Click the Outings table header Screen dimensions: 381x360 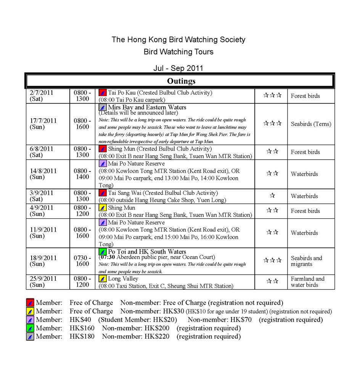pyautogui.click(x=181, y=81)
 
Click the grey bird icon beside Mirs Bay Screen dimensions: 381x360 pyautogui.click(x=103, y=107)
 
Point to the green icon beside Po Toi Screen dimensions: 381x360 pyautogui.click(x=103, y=252)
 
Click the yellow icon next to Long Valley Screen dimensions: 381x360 pyautogui.click(x=103, y=279)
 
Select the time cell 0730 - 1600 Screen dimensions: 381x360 pyautogui.click(x=82, y=261)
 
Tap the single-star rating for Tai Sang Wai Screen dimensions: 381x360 pyautogui.click(x=272, y=196)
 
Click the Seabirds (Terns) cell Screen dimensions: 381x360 pyautogui.click(x=311, y=124)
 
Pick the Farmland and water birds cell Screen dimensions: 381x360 pyautogui.click(x=307, y=282)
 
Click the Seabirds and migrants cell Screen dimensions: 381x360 pyautogui.click(x=306, y=261)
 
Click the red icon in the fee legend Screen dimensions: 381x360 pyautogui.click(x=30, y=303)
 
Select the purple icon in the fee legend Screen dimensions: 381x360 pyautogui.click(x=30, y=320)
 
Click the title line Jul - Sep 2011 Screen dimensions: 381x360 pyautogui.click(x=178, y=68)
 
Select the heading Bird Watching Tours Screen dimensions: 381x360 pyautogui.click(x=178, y=52)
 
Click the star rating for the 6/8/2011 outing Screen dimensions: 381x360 pyautogui.click(x=272, y=152)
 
